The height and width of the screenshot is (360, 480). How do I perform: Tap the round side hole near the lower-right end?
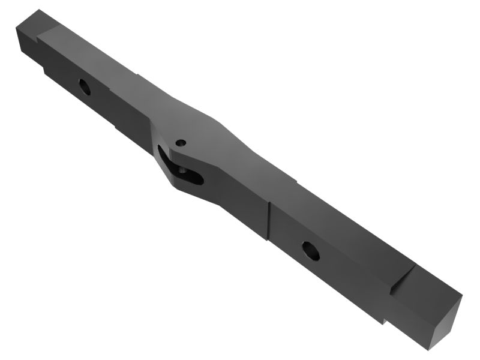310,250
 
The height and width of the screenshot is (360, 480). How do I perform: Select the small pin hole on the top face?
181,143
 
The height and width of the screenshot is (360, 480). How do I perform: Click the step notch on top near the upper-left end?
42,37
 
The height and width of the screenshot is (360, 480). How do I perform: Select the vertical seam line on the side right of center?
268,219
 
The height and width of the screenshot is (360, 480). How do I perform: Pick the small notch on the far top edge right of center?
295,179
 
